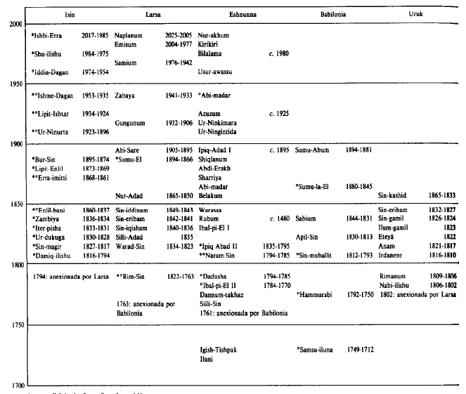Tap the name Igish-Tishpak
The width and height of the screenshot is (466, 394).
tap(219, 349)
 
